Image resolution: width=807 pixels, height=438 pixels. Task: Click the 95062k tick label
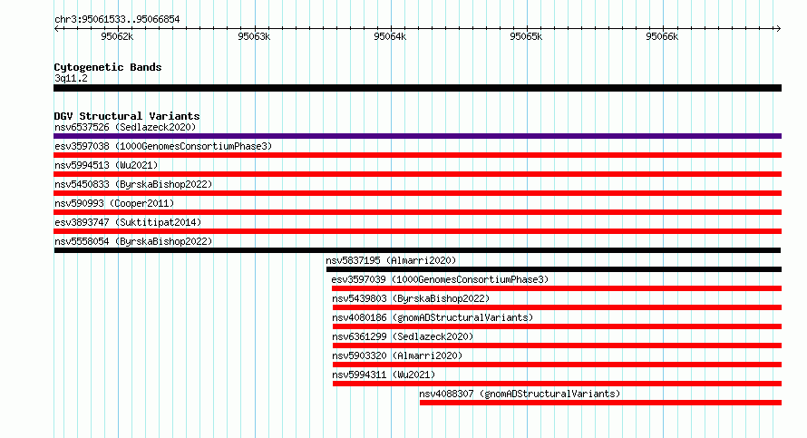pyautogui.click(x=117, y=36)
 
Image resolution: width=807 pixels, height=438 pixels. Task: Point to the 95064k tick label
pyautogui.click(x=390, y=36)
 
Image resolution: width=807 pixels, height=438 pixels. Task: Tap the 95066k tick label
pyautogui.click(x=662, y=36)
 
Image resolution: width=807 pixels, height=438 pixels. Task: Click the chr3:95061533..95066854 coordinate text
pyautogui.click(x=117, y=20)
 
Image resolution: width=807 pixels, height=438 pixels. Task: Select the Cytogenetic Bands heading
pyautogui.click(x=108, y=67)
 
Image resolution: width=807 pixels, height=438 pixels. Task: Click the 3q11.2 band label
pyautogui.click(x=71, y=78)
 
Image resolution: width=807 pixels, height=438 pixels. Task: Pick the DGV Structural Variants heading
pyautogui.click(x=127, y=116)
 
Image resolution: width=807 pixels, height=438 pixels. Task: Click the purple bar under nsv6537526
pyautogui.click(x=417, y=136)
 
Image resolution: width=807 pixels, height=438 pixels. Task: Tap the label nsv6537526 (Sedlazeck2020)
pyautogui.click(x=125, y=127)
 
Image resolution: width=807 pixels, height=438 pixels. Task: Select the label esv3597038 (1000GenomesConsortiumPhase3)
pyautogui.click(x=163, y=146)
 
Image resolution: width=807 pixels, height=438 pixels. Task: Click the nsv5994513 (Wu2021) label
pyautogui.click(x=106, y=165)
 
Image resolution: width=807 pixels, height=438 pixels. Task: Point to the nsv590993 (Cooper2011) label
pyautogui.click(x=114, y=203)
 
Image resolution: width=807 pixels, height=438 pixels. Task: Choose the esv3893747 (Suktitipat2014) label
pyautogui.click(x=128, y=222)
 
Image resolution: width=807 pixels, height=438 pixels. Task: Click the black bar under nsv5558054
pyautogui.click(x=417, y=250)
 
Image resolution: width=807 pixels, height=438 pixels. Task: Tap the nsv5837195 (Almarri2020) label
pyautogui.click(x=391, y=260)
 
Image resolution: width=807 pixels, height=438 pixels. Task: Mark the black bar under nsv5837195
pyautogui.click(x=554, y=269)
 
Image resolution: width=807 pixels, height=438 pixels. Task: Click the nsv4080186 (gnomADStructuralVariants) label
pyautogui.click(x=433, y=317)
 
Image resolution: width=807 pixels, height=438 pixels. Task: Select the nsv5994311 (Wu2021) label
pyautogui.click(x=384, y=375)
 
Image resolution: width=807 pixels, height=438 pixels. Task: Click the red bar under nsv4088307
pyautogui.click(x=600, y=403)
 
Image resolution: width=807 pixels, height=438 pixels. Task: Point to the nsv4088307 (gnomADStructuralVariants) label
pyautogui.click(x=520, y=394)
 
